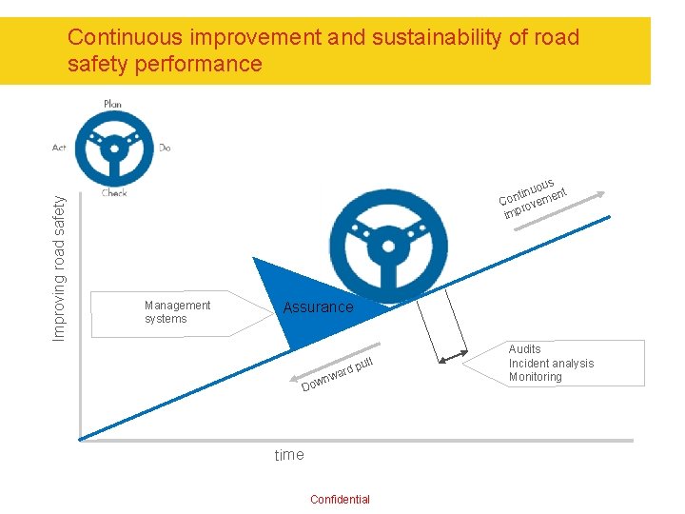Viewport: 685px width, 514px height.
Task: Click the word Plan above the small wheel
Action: pyautogui.click(x=112, y=103)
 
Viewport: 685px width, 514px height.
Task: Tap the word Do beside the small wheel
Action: pyautogui.click(x=165, y=148)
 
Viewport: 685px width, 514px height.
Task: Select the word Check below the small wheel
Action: pyautogui.click(x=114, y=193)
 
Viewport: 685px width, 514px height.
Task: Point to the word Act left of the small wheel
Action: pyautogui.click(x=59, y=148)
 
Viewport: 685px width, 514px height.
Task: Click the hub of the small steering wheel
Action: pyautogui.click(x=113, y=148)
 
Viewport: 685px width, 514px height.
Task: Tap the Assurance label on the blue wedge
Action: pyautogui.click(x=318, y=307)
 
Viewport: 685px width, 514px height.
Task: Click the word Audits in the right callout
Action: pyautogui.click(x=524, y=349)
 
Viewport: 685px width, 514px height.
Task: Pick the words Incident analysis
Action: pyautogui.click(x=551, y=363)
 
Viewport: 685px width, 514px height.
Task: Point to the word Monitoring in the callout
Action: pyautogui.click(x=535, y=377)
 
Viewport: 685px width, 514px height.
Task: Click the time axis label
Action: pyautogui.click(x=289, y=455)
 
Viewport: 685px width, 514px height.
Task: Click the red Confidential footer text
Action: pyautogui.click(x=340, y=500)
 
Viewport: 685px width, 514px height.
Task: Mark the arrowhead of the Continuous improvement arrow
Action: pyautogui.click(x=600, y=195)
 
